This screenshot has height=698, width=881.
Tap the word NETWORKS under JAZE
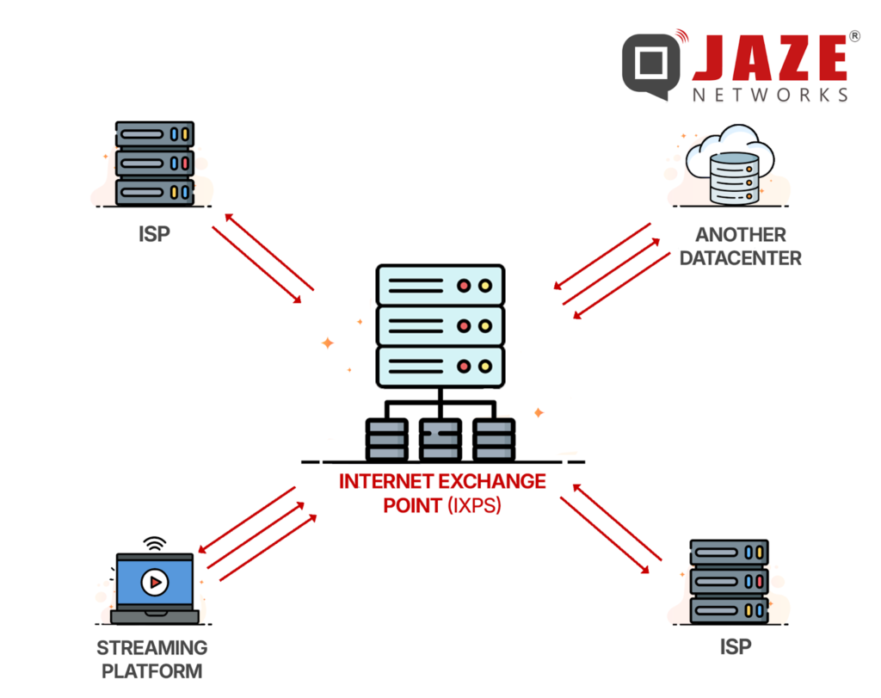coord(770,95)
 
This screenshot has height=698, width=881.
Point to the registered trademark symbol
coord(853,36)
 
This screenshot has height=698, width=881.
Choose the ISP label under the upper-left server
coord(154,234)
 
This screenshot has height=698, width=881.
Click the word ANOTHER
coord(741,234)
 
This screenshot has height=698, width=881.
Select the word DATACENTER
coord(741,257)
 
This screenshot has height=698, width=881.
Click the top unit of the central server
coord(440,285)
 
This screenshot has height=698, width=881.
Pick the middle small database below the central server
coord(440,439)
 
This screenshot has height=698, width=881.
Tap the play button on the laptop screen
coord(154,583)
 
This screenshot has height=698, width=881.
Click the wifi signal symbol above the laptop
coord(154,545)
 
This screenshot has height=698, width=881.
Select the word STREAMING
coord(151,647)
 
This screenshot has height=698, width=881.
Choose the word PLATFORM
coord(151,670)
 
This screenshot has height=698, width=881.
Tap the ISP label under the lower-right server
coord(730,646)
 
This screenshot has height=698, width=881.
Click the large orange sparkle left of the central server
coord(327,343)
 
